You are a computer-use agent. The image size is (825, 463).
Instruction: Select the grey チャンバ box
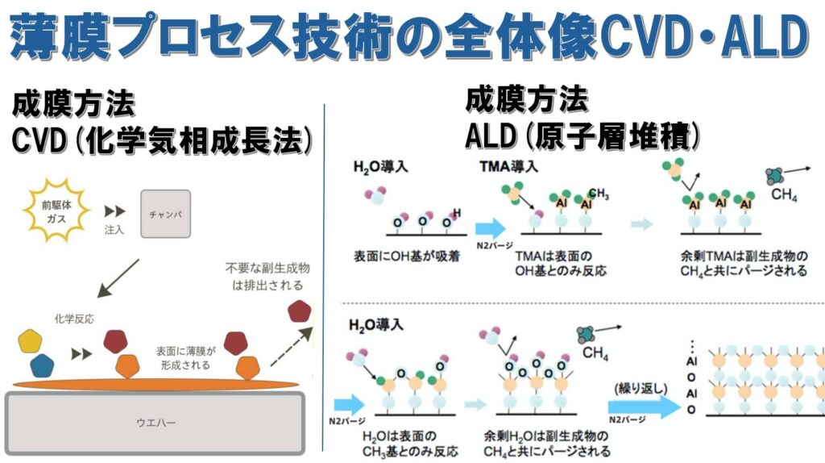click(168, 215)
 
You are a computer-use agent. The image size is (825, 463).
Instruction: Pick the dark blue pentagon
click(44, 365)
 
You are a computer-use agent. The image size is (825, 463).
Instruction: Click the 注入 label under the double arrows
click(114, 229)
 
